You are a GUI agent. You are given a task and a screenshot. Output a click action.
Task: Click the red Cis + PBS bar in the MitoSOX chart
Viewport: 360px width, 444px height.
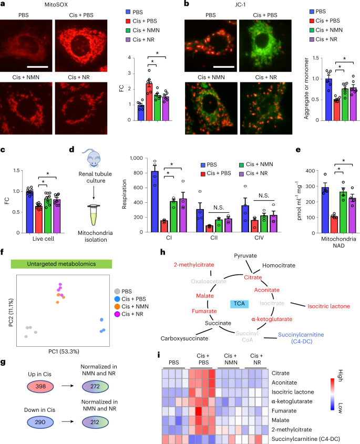point(149,102)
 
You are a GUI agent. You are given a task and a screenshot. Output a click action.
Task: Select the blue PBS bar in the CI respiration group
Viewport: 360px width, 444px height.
point(155,202)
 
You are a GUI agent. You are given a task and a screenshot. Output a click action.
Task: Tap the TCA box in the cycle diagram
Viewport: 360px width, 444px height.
point(239,304)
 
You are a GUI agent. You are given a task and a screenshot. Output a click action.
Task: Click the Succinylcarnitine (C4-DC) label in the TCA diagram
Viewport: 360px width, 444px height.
point(301,338)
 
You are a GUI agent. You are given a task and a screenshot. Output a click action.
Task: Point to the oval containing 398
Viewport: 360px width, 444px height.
point(40,387)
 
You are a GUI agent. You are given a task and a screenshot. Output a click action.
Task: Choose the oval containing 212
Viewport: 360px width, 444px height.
point(95,422)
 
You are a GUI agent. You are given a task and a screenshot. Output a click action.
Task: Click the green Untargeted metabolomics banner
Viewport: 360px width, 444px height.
point(61,264)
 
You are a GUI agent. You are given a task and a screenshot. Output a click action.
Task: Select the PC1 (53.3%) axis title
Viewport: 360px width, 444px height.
point(64,352)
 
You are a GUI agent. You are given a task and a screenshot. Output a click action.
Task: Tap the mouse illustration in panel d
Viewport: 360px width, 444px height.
point(92,158)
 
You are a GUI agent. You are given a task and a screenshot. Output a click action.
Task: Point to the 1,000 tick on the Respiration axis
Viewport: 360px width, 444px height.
point(136,158)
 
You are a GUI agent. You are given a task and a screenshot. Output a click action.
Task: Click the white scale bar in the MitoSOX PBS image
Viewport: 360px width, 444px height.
point(38,67)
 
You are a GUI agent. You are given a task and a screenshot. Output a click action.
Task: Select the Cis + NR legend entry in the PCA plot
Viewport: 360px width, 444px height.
point(129,314)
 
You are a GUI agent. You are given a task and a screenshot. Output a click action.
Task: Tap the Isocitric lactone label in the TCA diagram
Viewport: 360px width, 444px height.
point(328,306)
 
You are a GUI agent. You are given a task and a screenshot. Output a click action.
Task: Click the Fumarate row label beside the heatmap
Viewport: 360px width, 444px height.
point(284,410)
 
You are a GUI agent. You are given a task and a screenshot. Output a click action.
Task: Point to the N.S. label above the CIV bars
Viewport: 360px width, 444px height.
point(264,195)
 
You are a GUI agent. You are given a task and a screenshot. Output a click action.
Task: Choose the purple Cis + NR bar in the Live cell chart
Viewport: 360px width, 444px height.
point(57,216)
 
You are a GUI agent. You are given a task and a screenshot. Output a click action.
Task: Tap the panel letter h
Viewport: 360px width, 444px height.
point(162,252)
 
